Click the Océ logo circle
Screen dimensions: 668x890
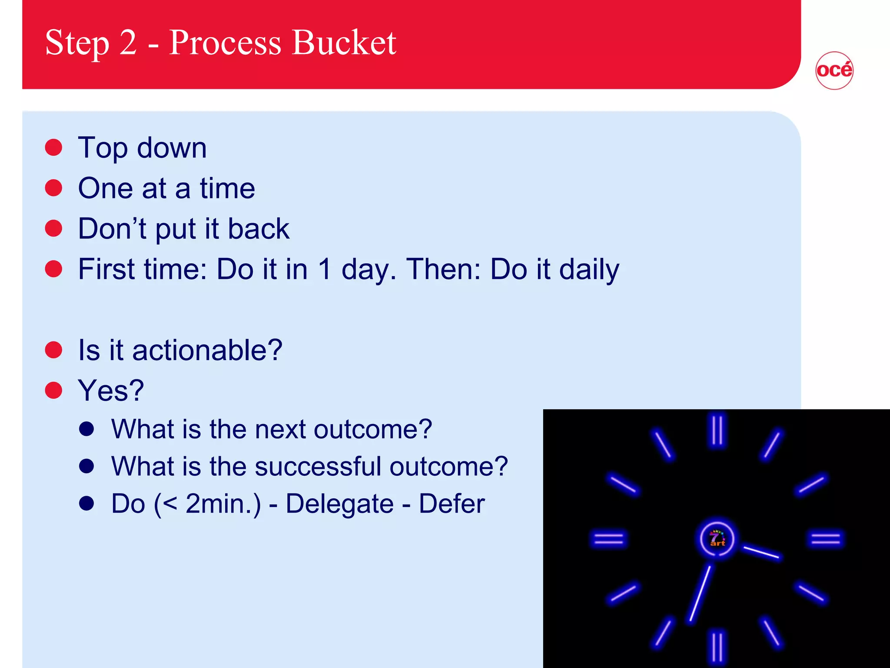click(x=834, y=70)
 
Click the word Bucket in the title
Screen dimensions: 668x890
click(x=344, y=43)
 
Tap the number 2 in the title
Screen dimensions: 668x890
click(x=128, y=43)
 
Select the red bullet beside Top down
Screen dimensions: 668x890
click(x=54, y=147)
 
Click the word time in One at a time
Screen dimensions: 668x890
click(x=227, y=188)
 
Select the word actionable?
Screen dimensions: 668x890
click(x=207, y=350)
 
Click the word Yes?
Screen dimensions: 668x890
click(x=111, y=391)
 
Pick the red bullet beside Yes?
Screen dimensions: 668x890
click(x=54, y=391)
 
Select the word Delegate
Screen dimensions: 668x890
click(x=339, y=504)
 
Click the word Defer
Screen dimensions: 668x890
click(x=452, y=504)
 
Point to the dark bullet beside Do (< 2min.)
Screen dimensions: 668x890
click(x=87, y=503)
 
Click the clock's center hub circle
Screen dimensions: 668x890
click(x=717, y=539)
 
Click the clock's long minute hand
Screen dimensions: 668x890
click(x=700, y=593)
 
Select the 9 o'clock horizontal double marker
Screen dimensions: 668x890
click(x=609, y=539)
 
